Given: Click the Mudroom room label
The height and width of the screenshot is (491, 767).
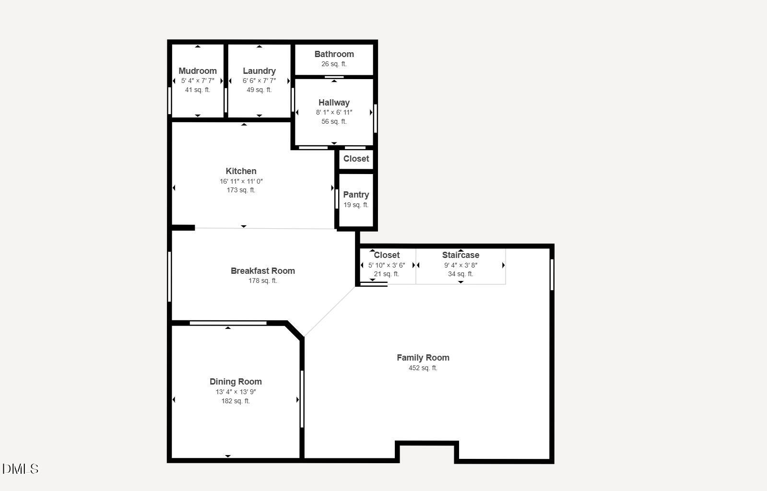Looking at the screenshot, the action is (x=198, y=71).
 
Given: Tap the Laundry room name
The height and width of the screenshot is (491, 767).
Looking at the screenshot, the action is (x=259, y=71).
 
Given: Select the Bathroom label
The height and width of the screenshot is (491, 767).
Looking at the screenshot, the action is (x=334, y=54).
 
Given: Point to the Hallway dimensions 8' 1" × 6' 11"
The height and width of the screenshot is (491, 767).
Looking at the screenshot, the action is (x=334, y=112).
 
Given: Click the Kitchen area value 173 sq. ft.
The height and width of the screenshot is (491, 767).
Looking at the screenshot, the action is (x=241, y=190).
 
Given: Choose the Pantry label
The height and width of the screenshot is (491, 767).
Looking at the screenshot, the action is (x=356, y=195).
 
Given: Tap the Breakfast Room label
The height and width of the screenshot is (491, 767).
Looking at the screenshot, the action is (x=263, y=271).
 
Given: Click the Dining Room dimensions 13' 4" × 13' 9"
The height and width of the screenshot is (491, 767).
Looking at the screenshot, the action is (x=236, y=392).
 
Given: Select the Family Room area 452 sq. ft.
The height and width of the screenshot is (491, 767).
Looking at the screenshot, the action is (x=423, y=368).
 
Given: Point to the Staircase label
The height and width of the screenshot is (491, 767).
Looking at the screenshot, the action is (x=460, y=255).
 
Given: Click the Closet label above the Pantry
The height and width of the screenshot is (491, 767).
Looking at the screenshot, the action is (x=356, y=159).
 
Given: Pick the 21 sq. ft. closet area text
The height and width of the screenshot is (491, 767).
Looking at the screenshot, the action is (x=386, y=274).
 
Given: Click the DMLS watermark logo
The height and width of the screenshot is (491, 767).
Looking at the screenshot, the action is (x=21, y=469).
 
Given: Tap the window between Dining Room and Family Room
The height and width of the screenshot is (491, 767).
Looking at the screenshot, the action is (x=302, y=399).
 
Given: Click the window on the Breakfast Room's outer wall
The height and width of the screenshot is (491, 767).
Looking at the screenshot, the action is (x=169, y=277).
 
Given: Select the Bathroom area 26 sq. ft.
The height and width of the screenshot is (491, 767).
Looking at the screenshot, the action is (x=334, y=64).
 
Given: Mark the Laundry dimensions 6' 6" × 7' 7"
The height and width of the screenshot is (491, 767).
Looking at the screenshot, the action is (x=259, y=81).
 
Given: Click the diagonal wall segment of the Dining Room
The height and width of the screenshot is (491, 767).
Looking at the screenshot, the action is (x=295, y=330).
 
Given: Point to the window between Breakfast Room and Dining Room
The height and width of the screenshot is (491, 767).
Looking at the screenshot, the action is (x=228, y=323).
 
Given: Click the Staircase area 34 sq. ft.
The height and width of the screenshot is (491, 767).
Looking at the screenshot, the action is (x=460, y=274).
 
